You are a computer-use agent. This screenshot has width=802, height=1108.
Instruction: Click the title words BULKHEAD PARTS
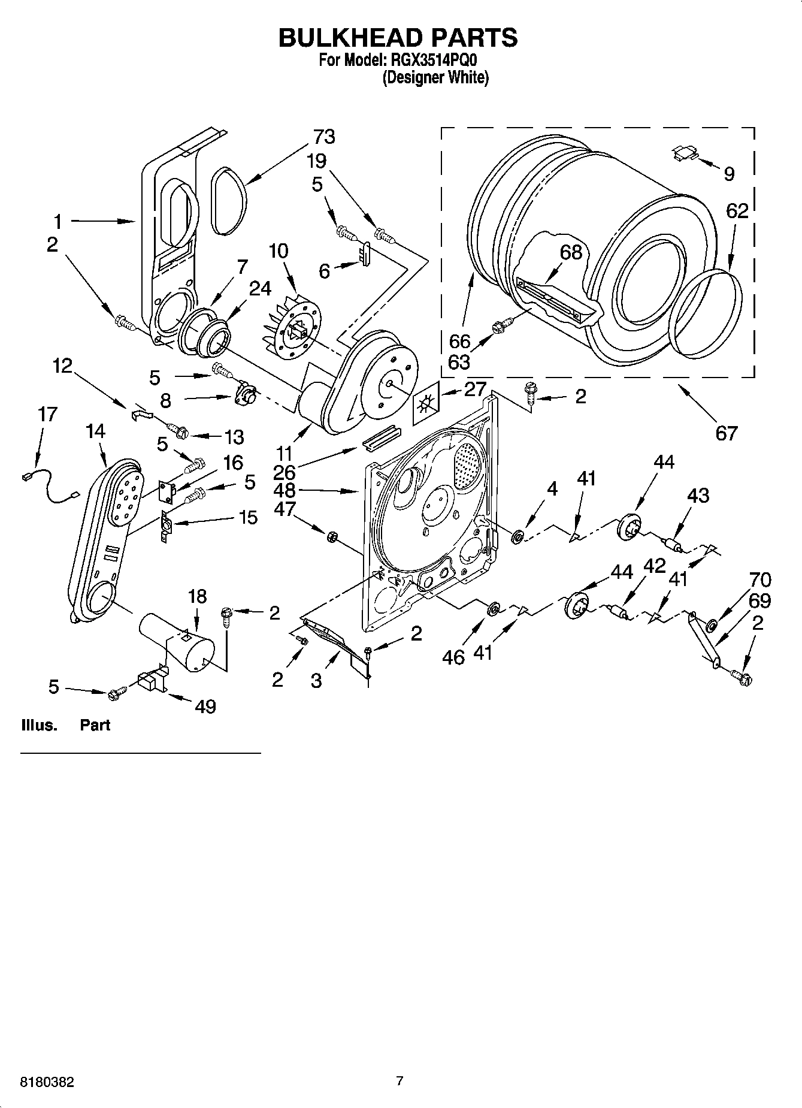[398, 38]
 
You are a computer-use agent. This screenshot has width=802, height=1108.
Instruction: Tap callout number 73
[323, 137]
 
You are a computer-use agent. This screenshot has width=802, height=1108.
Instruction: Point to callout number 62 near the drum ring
[737, 211]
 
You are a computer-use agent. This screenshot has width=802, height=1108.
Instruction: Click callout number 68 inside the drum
[571, 252]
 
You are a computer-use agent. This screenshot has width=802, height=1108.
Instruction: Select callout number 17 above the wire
[47, 414]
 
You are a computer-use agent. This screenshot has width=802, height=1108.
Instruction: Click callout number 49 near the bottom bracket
[205, 707]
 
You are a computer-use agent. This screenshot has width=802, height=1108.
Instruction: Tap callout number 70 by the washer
[760, 580]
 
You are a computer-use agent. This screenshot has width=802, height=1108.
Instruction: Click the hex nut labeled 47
[329, 535]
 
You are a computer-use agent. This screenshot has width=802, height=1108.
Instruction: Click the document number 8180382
[48, 1082]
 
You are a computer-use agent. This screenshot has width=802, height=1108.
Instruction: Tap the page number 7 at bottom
[400, 1081]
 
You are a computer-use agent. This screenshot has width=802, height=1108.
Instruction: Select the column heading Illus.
[39, 725]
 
